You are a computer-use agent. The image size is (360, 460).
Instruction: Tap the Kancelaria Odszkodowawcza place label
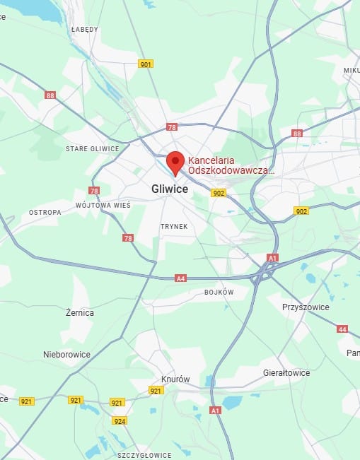[x=230, y=165]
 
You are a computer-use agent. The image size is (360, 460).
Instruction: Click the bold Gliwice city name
[x=170, y=189]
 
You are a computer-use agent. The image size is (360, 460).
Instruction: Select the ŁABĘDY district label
[x=85, y=30]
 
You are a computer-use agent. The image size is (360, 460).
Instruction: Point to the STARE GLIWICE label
[x=92, y=148]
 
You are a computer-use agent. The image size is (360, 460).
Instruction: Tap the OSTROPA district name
[x=45, y=212]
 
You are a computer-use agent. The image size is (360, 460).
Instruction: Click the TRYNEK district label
[x=173, y=226]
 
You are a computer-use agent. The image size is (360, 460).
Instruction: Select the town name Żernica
[x=79, y=312]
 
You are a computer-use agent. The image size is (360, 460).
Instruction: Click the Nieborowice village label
[x=66, y=354]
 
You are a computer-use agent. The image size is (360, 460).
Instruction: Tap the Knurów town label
[x=175, y=379]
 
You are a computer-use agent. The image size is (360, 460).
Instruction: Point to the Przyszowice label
[x=306, y=307]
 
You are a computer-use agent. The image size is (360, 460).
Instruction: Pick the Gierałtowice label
[x=286, y=372]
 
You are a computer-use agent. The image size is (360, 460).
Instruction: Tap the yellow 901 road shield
[x=146, y=64]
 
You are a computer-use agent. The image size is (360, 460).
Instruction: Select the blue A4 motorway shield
[x=181, y=278]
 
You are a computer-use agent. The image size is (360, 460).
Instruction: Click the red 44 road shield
[x=342, y=329]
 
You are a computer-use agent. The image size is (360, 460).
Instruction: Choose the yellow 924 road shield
[x=120, y=420]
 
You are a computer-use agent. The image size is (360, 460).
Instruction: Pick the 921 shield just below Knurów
[x=156, y=391]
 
